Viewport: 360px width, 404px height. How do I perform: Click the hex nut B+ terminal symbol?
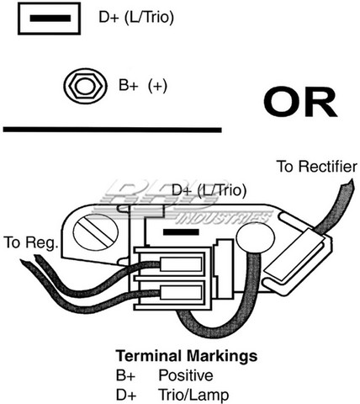[x=85, y=86]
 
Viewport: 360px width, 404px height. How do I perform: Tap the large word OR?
[x=300, y=102]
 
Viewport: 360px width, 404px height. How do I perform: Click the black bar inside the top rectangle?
[x=50, y=19]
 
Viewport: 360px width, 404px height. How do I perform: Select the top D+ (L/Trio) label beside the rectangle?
[x=136, y=18]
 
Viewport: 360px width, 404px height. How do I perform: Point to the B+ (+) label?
[x=143, y=85]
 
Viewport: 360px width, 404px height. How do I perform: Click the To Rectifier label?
[x=317, y=167]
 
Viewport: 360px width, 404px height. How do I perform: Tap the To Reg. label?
[x=31, y=242]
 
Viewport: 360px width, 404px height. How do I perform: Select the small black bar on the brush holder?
[x=181, y=232]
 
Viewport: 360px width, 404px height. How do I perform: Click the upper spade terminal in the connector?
[x=181, y=264]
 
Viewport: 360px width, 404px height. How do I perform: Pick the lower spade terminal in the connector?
[x=181, y=292]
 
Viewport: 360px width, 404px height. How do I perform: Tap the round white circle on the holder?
[x=255, y=237]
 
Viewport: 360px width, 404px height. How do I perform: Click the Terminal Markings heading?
[x=187, y=356]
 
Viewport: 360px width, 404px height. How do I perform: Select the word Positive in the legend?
[x=186, y=375]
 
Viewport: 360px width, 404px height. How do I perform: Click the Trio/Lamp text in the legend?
[x=193, y=395]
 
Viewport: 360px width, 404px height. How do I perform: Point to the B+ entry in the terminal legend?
[x=125, y=375]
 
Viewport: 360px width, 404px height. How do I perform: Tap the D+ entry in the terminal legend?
[x=126, y=395]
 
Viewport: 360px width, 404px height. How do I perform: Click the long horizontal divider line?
[x=113, y=130]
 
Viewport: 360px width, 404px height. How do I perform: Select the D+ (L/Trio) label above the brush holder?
[x=209, y=190]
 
